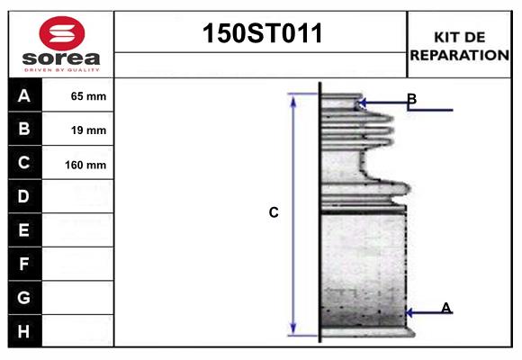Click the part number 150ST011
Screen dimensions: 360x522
260,35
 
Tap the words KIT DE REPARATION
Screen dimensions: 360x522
459,46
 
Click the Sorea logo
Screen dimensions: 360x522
61,44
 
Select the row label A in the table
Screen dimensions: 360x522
24,95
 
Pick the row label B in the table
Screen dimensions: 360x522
24,130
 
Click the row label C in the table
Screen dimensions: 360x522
24,163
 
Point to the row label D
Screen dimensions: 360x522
24,196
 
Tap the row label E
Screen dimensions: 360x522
24,230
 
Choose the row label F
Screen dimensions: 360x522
24,264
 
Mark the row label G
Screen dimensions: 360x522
24,297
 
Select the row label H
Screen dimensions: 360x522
24,330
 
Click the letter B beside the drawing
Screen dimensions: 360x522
411,99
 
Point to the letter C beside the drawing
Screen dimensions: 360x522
274,213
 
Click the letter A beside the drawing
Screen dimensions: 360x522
446,309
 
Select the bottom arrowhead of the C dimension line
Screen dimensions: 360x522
292,329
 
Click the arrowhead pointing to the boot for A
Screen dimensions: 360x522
410,313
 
